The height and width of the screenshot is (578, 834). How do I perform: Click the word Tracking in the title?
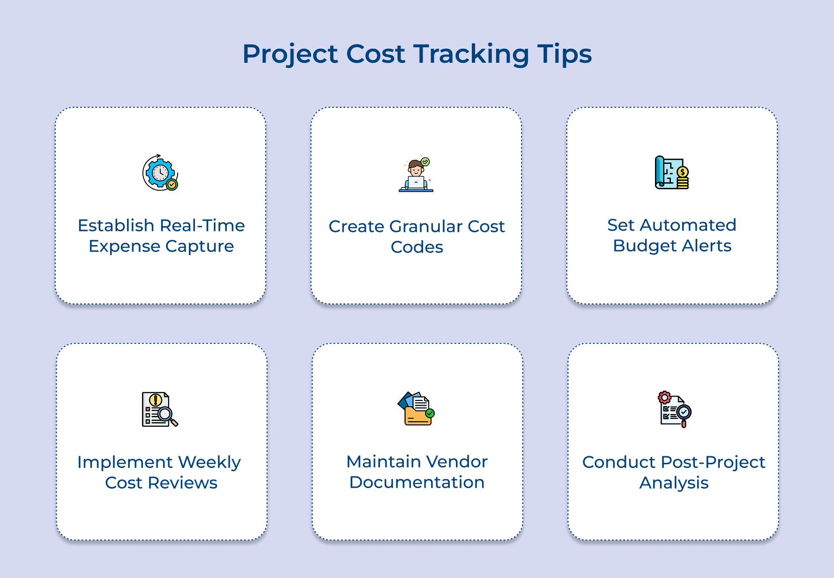(x=471, y=54)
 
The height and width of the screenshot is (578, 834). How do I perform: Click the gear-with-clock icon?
(x=160, y=173)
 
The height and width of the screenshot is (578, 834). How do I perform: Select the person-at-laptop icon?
(x=416, y=175)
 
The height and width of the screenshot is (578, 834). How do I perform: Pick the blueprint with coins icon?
(x=671, y=172)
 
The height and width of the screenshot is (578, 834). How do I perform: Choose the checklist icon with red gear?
(x=674, y=409)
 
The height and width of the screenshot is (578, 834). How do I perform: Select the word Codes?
(x=417, y=247)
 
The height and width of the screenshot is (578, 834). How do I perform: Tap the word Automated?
(x=688, y=225)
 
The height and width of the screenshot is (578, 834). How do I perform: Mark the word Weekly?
(x=209, y=462)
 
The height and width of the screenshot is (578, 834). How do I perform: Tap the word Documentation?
(x=417, y=482)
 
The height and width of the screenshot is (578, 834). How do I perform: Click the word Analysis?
(x=673, y=483)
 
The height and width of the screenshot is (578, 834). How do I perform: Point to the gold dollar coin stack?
(x=683, y=178)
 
